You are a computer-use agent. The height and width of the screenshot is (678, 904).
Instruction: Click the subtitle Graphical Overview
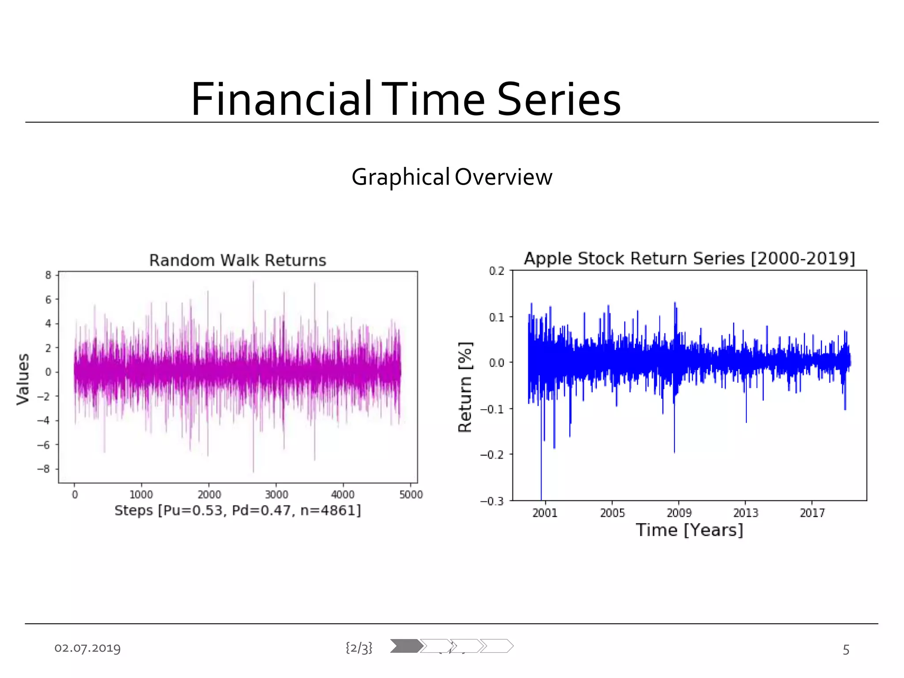[452, 177]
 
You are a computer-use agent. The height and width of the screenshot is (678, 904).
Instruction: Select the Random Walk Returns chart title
[237, 260]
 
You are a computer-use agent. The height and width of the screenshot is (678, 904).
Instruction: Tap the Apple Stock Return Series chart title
[689, 259]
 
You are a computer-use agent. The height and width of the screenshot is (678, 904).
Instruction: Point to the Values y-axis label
[23, 379]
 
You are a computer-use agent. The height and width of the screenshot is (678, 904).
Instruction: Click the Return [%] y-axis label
[465, 387]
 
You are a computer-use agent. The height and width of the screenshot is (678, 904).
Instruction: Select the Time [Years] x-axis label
[689, 530]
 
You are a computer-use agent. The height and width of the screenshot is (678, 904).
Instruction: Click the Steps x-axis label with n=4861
[237, 510]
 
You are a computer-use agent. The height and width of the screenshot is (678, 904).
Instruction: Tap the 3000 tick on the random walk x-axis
[276, 495]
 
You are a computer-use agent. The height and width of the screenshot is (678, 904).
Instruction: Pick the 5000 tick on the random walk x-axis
[411, 495]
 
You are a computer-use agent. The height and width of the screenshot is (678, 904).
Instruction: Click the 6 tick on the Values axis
[48, 300]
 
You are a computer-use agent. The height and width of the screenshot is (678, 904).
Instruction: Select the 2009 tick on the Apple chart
[679, 513]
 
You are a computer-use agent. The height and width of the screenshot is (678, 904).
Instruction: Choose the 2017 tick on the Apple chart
[812, 513]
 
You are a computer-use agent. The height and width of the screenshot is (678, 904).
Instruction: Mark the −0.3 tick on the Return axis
[492, 501]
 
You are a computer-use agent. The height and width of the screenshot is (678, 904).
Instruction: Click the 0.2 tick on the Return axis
[497, 271]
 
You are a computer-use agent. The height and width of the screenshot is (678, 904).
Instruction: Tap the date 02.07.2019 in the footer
[87, 648]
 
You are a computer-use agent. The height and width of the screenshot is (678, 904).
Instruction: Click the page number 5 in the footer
[846, 650]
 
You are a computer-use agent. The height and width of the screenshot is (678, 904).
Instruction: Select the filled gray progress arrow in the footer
[406, 646]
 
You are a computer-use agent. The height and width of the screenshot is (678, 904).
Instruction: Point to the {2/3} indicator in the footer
[359, 648]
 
